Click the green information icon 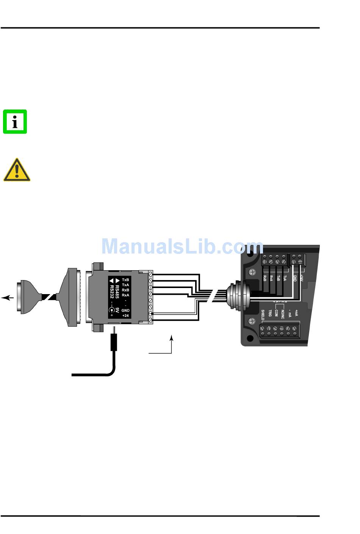pyautogui.click(x=15, y=122)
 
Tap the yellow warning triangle pyautogui.click(x=17, y=170)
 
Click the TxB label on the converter pyautogui.click(x=125, y=280)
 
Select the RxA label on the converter pyautogui.click(x=125, y=295)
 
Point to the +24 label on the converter pyautogui.click(x=125, y=315)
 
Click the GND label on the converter pyautogui.click(x=125, y=310)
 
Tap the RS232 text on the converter pyautogui.click(x=112, y=291)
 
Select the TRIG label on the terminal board pyautogui.click(x=270, y=313)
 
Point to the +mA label pyautogui.click(x=296, y=313)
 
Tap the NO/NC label pyautogui.click(x=283, y=314)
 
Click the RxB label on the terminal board pyautogui.click(x=265, y=278)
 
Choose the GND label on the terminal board pyautogui.click(x=295, y=278)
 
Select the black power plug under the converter pyautogui.click(x=114, y=341)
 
